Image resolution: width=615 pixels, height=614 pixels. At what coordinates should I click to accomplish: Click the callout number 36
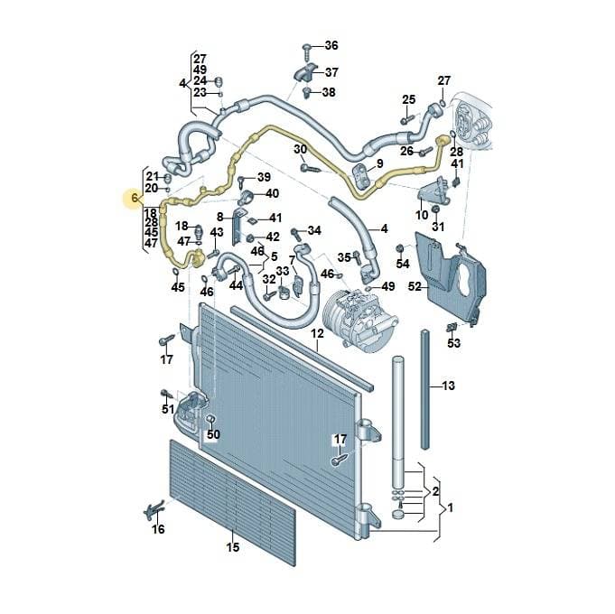pyautogui.click(x=331, y=45)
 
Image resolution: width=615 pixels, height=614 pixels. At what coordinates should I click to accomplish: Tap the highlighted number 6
pyautogui.click(x=135, y=198)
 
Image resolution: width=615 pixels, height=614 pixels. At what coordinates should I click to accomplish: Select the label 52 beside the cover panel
pyautogui.click(x=415, y=286)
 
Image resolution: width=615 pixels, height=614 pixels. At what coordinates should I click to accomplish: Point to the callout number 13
pyautogui.click(x=448, y=386)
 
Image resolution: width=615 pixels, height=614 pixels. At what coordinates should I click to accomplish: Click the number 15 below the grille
pyautogui.click(x=233, y=547)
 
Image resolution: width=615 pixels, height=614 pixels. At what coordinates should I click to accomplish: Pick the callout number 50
pyautogui.click(x=213, y=434)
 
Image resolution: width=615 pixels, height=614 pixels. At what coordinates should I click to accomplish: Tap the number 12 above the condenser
pyautogui.click(x=317, y=334)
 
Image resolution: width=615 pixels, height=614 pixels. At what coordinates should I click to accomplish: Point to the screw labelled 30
pyautogui.click(x=310, y=168)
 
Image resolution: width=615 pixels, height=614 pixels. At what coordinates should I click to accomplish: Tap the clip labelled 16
pyautogui.click(x=154, y=510)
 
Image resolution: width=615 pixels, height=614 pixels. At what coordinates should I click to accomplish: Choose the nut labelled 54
pyautogui.click(x=400, y=248)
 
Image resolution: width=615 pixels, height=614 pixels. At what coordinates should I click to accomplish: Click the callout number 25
pyautogui.click(x=408, y=99)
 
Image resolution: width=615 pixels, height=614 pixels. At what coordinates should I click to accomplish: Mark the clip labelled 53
pyautogui.click(x=452, y=326)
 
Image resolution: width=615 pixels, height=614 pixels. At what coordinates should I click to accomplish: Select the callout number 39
pyautogui.click(x=264, y=177)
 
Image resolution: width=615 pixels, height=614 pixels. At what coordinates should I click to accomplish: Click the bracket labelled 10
pyautogui.click(x=433, y=191)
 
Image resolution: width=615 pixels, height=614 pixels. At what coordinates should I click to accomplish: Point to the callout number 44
pyautogui.click(x=236, y=285)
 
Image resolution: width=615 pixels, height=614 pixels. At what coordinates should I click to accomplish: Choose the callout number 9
pyautogui.click(x=379, y=163)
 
